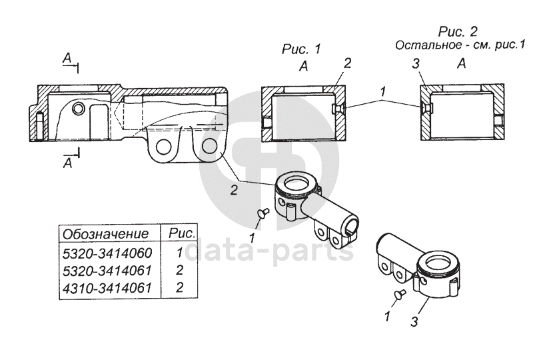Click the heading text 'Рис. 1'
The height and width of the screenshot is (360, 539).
pyautogui.click(x=301, y=49)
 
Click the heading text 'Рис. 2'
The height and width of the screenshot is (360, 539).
pyautogui.click(x=458, y=31)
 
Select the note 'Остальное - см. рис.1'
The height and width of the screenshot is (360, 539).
pyautogui.click(x=460, y=45)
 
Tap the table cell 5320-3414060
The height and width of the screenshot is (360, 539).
pyautogui.click(x=107, y=253)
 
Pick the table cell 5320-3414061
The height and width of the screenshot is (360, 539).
pyautogui.click(x=107, y=271)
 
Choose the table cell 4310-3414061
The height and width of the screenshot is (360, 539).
pyautogui.click(x=107, y=288)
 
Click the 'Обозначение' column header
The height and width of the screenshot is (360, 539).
pyautogui.click(x=105, y=234)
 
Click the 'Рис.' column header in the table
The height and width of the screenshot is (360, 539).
pyautogui.click(x=182, y=233)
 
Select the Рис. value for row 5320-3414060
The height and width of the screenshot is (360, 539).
pyautogui.click(x=180, y=253)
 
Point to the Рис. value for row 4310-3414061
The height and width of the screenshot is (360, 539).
pyautogui.click(x=179, y=287)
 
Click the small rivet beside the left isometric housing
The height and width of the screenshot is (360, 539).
pyautogui.click(x=264, y=213)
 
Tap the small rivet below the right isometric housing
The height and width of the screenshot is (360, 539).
pyautogui.click(x=400, y=294)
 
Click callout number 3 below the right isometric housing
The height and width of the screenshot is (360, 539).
pyautogui.click(x=414, y=322)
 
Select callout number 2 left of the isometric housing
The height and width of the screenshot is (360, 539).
pyautogui.click(x=234, y=190)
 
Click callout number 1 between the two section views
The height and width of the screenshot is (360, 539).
pyautogui.click(x=383, y=92)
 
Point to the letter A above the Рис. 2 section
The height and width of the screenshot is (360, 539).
pyautogui.click(x=462, y=63)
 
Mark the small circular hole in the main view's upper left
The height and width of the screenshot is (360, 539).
pyautogui.click(x=79, y=109)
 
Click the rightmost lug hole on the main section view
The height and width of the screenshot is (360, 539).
pyautogui.click(x=209, y=147)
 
